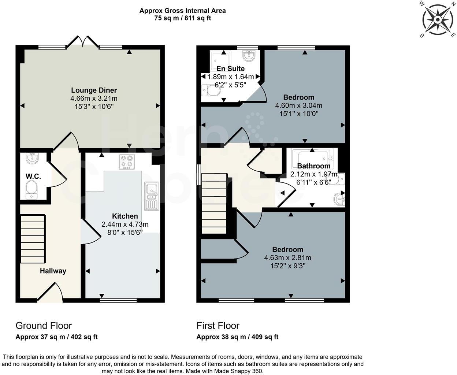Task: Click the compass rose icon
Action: pos(438,19)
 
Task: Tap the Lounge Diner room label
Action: pos(94,90)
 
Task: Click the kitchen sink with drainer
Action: pos(151,196)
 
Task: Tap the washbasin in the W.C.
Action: pos(33,159)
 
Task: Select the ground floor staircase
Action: pos(33,240)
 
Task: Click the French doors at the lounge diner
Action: pos(83,41)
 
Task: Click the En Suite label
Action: pos(230,68)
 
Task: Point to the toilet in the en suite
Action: pos(210,90)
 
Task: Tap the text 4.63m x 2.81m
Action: pos(287,258)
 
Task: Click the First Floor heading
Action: pos(218,326)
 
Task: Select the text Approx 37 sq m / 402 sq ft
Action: pos(56,337)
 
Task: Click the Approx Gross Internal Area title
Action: pos(182,11)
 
